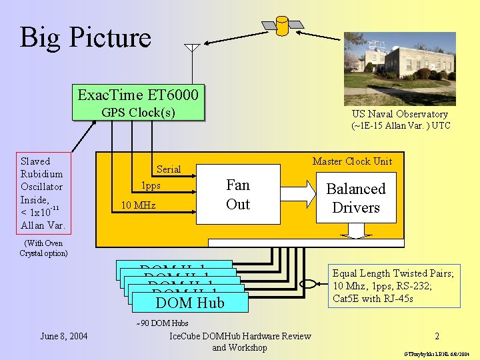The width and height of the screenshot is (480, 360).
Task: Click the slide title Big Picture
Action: [85, 37]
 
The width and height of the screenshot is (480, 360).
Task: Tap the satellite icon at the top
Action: [282, 25]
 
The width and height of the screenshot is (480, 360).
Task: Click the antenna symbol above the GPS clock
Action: [192, 49]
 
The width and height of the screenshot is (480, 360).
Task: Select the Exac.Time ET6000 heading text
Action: [138, 95]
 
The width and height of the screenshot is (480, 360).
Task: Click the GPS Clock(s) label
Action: [138, 112]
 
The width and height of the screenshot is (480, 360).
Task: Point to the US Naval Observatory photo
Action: [400, 69]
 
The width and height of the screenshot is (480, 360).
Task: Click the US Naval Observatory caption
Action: [401, 119]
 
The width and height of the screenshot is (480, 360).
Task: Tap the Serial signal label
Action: [168, 169]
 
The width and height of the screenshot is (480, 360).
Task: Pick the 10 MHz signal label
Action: [139, 205]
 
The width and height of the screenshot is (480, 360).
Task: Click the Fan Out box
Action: [238, 194]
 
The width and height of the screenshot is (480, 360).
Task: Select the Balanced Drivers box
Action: [356, 198]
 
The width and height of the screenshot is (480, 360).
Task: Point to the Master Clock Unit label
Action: [352, 161]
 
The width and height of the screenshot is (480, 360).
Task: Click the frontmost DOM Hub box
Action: [190, 303]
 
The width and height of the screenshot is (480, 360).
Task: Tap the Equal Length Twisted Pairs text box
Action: [393, 285]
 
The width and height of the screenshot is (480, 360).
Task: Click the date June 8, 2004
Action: [63, 335]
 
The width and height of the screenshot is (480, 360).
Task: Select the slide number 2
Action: [436, 337]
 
